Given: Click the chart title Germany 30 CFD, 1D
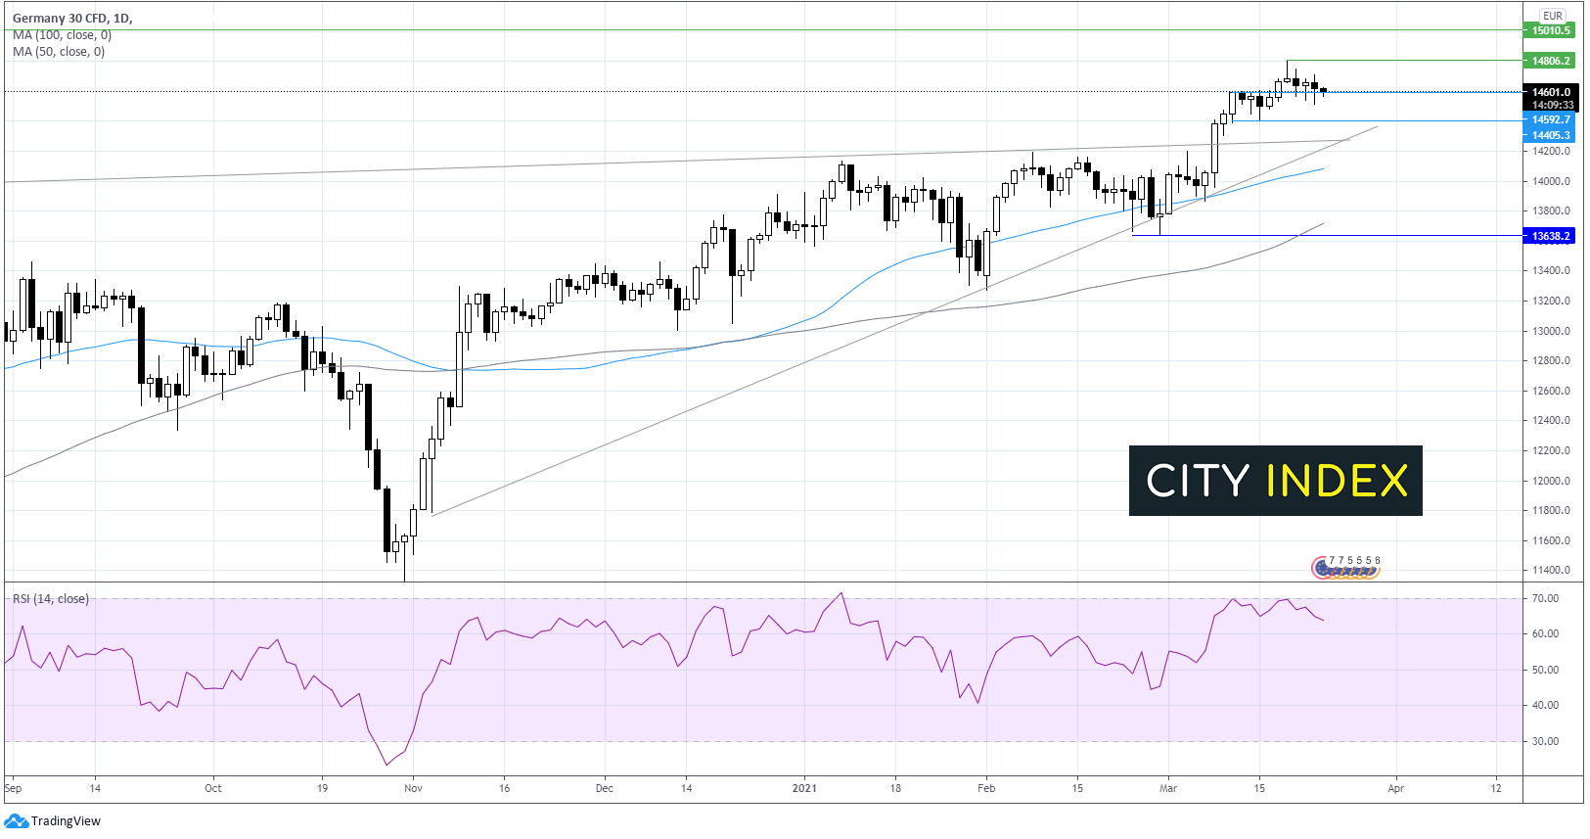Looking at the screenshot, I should point(72,19).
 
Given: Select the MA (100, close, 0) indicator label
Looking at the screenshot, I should point(62,35).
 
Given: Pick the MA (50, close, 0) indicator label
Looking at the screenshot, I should point(59,52).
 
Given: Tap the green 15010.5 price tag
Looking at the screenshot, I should point(1551,30).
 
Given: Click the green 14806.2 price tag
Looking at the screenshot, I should point(1551,61).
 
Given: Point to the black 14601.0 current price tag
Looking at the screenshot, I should point(1551,92).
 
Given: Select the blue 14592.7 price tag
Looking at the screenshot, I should point(1551,119).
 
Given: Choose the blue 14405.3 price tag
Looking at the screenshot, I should point(1551,135).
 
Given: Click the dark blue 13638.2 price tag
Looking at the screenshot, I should point(1551,236).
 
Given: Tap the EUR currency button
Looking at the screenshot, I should point(1553,16).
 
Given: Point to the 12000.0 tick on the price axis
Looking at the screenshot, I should point(1551,481).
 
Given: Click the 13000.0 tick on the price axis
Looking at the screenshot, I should point(1551,331).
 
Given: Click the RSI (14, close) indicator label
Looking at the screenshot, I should point(51,599).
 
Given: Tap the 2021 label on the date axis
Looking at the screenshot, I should point(804,788).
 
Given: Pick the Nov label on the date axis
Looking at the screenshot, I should point(413,788).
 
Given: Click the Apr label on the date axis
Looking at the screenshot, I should point(1395,788).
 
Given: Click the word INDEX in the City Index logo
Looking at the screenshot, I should point(1337,481).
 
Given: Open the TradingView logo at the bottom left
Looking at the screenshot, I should point(55,821).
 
